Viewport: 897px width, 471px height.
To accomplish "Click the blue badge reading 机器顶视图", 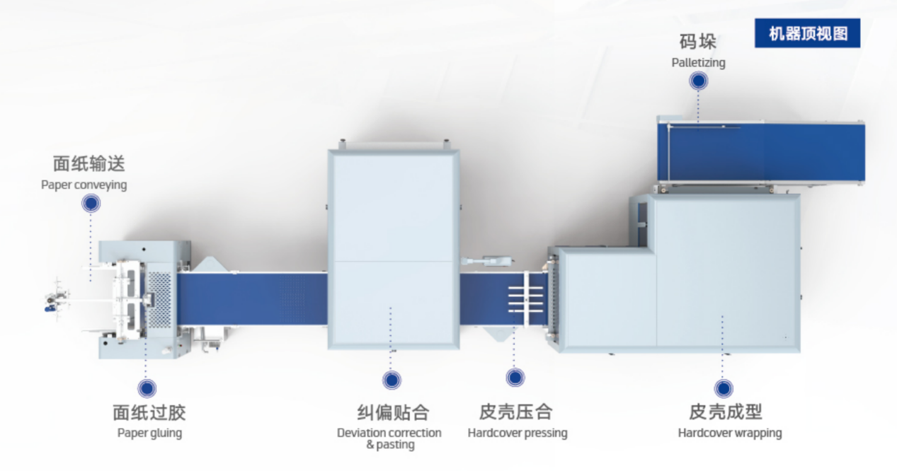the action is (807, 33).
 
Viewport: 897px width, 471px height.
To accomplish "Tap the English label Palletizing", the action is (698, 63).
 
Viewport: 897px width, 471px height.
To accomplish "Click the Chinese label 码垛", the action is (698, 42).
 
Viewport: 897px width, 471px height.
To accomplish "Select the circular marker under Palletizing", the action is (698, 81).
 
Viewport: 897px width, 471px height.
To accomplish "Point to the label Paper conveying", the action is (84, 185).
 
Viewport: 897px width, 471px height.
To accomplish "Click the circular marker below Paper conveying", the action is (91, 203).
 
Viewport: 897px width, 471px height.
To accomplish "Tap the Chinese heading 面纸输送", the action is (89, 163).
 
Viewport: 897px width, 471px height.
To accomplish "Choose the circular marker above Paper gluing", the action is (147, 388).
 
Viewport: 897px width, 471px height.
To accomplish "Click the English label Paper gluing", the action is (149, 433).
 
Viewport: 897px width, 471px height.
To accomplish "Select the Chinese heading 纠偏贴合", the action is (393, 412).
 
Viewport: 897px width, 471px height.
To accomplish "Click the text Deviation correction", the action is (389, 433).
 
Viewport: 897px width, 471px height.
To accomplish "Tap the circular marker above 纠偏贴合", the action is (392, 380).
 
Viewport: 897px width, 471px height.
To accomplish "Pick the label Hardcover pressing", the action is (518, 433).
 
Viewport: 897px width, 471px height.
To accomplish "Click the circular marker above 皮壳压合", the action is (515, 378).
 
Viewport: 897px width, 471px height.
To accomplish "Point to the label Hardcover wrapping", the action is (730, 433).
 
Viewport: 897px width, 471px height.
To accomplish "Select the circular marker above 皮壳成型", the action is (724, 388).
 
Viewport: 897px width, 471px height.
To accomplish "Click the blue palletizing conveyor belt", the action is (761, 153).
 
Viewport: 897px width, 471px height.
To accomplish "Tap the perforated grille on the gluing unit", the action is (160, 300).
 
